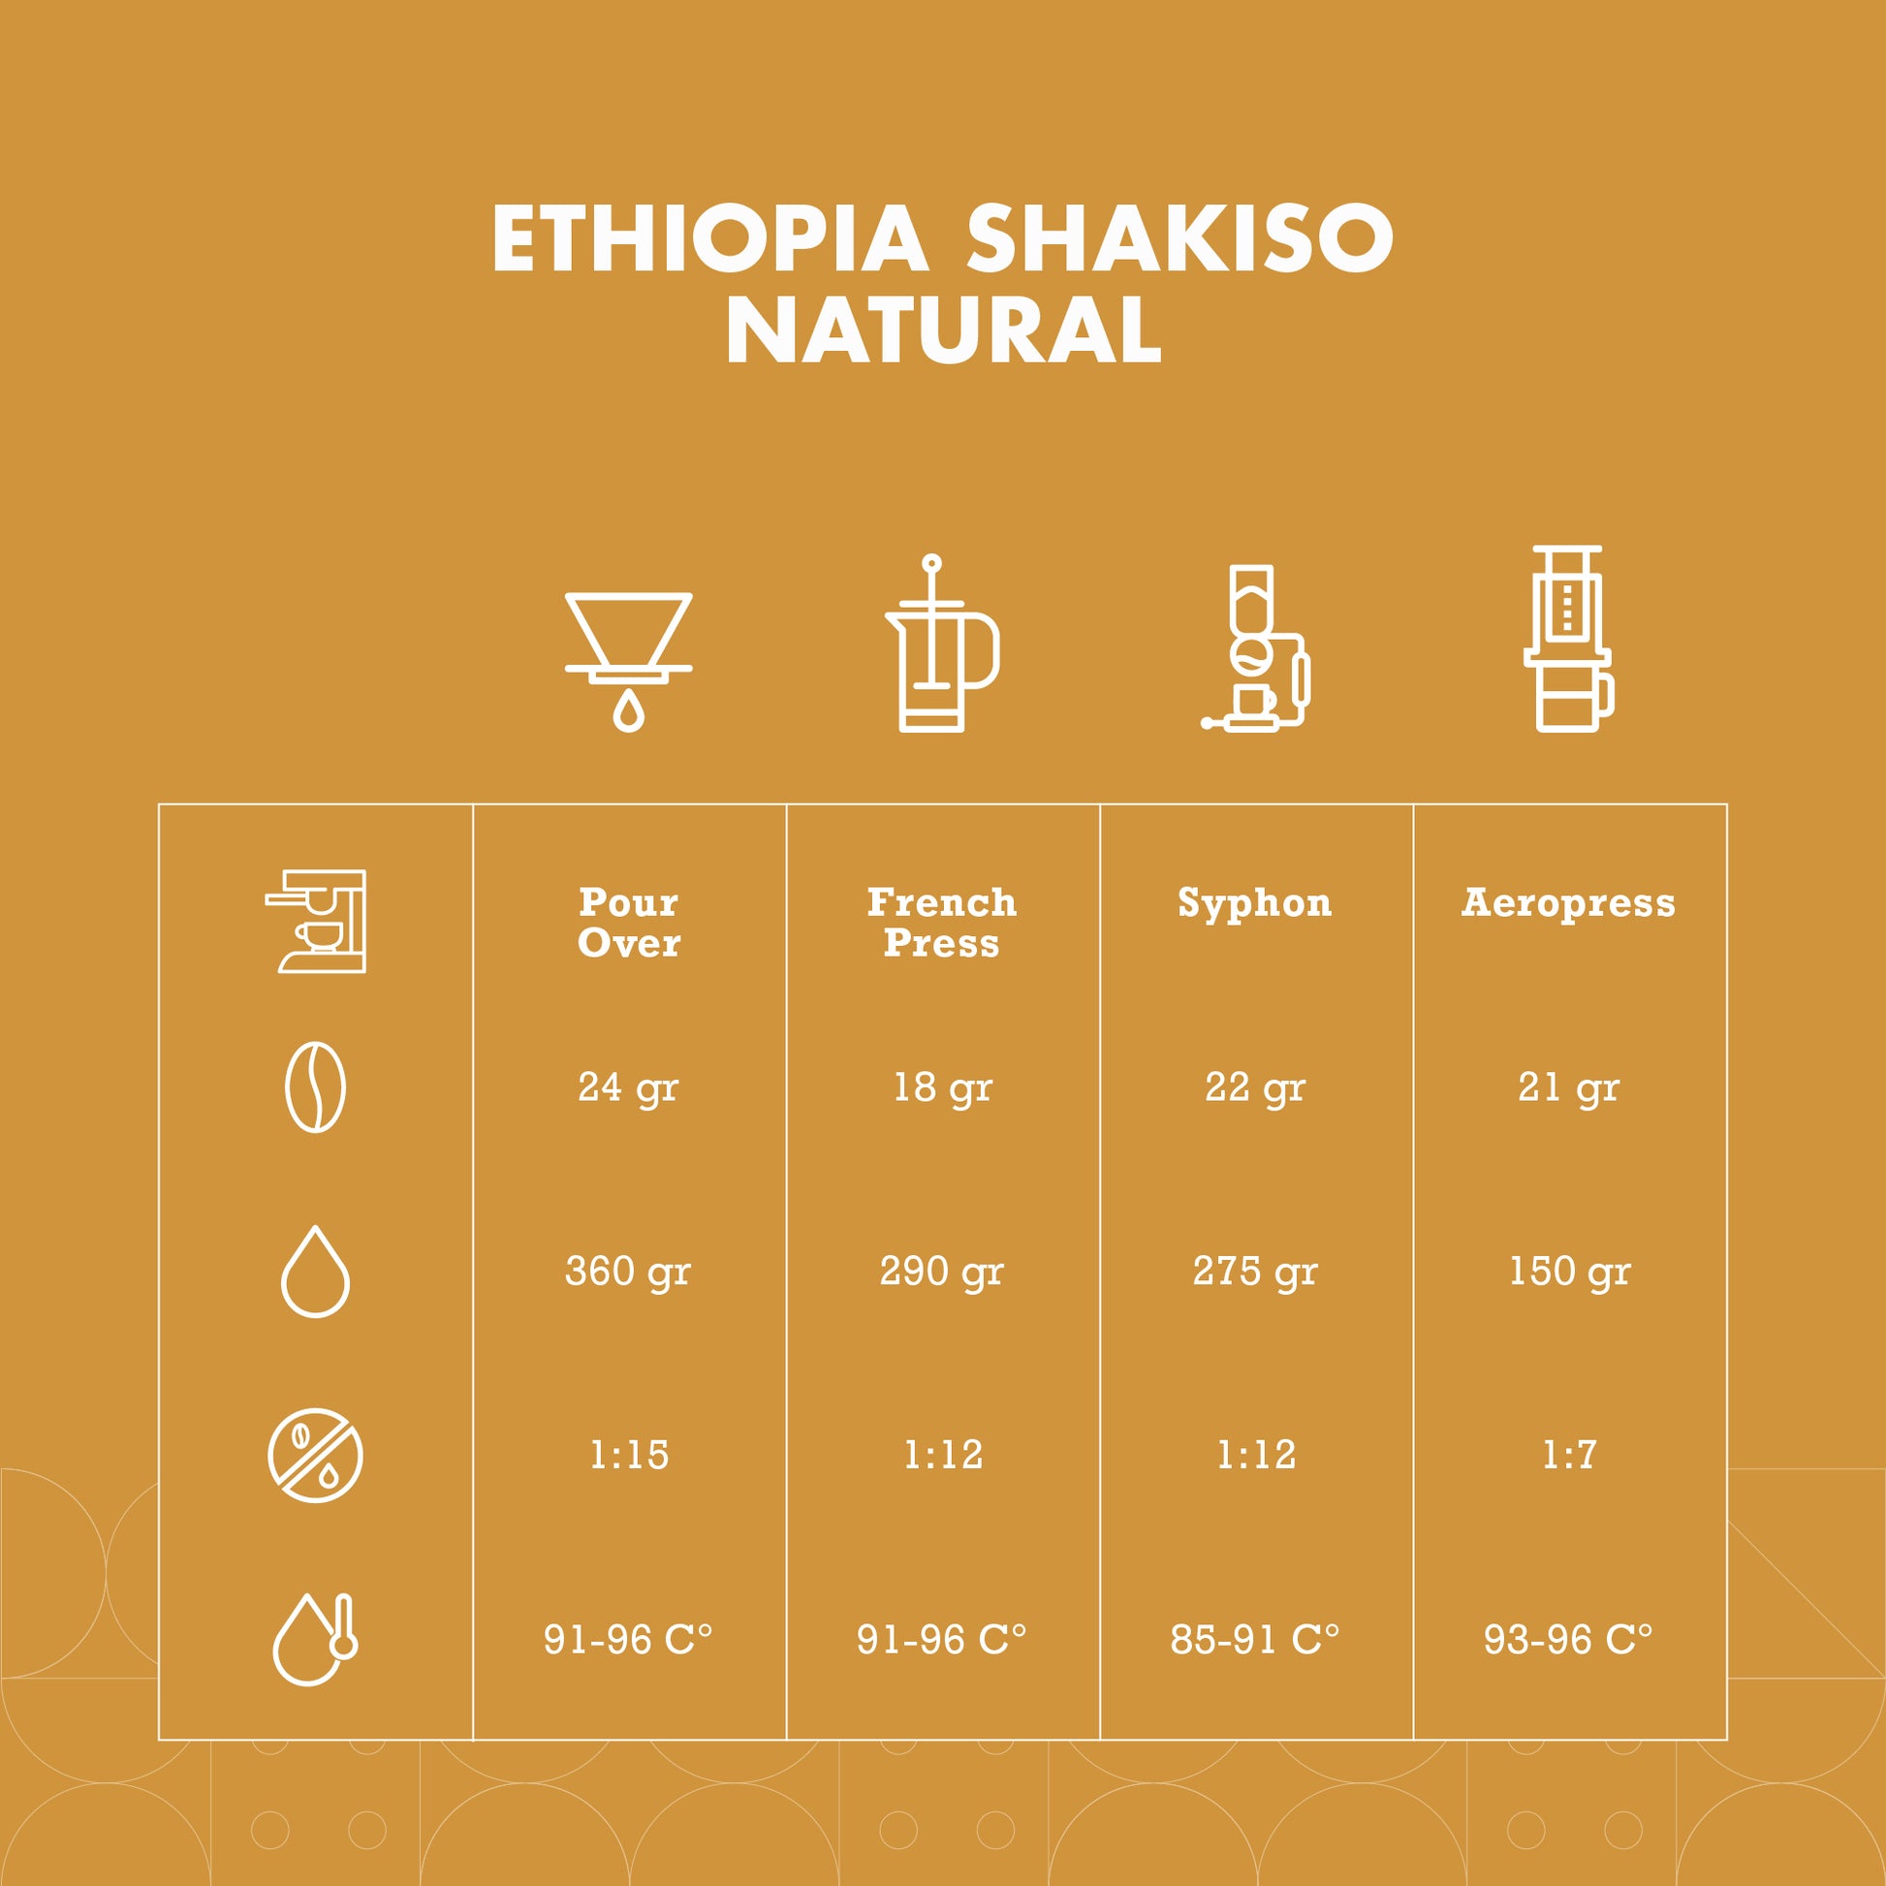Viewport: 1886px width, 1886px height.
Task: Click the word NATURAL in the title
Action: (x=943, y=330)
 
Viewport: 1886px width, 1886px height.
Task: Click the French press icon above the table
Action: (x=942, y=644)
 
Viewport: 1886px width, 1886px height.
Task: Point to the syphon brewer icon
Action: (x=1255, y=648)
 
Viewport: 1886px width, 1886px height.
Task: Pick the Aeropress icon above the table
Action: (x=1568, y=639)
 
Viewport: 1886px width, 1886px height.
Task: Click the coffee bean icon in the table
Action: (x=315, y=1087)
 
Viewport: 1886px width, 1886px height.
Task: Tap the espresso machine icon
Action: (x=315, y=922)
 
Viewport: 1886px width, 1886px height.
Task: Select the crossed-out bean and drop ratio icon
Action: (x=315, y=1456)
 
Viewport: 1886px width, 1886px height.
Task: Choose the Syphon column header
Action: (x=1255, y=904)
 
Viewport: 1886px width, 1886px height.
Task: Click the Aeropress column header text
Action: (x=1569, y=903)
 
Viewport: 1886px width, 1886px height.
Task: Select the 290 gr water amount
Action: (x=942, y=1272)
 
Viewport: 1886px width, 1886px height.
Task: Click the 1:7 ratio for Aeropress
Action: (x=1570, y=1456)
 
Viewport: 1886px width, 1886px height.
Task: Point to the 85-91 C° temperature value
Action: (x=1255, y=1640)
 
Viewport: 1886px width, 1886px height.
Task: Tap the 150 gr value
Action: (x=1570, y=1272)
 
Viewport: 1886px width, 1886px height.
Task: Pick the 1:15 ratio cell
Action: (x=630, y=1456)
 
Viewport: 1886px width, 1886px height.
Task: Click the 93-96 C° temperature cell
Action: (x=1569, y=1640)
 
